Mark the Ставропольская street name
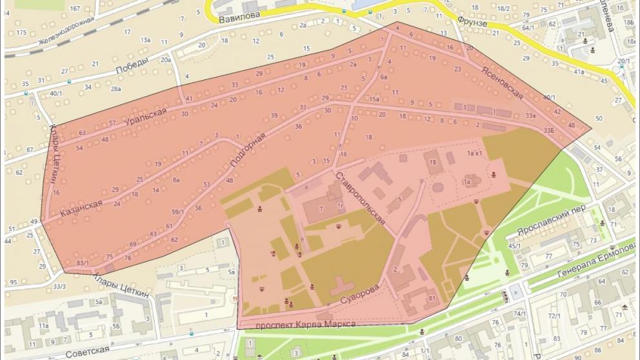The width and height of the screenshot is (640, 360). click(360, 197)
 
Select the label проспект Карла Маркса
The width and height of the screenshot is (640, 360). click(306, 324)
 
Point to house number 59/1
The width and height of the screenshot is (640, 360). click(177, 211)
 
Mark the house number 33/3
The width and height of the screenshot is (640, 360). click(59, 286)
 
